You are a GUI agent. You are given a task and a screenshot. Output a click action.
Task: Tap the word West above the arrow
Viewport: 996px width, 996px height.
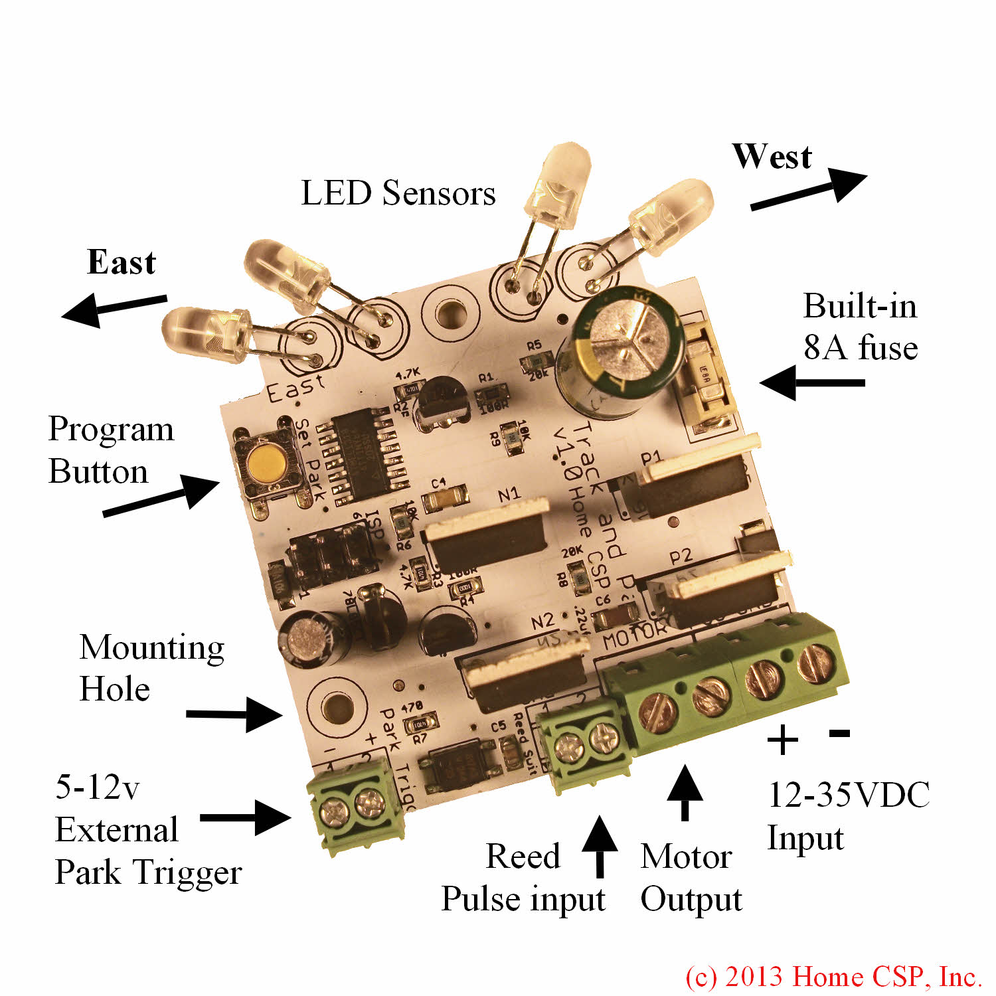[x=772, y=157]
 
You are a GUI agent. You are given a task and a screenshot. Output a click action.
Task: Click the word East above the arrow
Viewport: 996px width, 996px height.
[x=122, y=262]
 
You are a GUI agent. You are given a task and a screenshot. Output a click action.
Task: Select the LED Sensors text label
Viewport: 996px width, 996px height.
[x=398, y=194]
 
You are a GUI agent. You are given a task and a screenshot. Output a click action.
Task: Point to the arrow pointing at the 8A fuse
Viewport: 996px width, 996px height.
[x=812, y=382]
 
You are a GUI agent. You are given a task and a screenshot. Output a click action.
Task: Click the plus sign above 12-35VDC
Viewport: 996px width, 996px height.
[x=782, y=740]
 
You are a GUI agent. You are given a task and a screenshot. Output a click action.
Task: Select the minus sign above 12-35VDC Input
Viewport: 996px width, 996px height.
[x=839, y=732]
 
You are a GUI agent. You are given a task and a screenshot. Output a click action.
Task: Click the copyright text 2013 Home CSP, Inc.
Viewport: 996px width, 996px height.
[x=833, y=977]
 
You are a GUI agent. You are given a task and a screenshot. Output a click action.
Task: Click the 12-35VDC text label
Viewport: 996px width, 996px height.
[x=849, y=795]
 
